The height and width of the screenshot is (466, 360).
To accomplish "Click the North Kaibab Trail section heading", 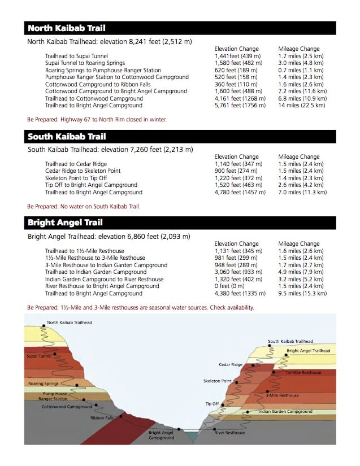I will click(66, 28).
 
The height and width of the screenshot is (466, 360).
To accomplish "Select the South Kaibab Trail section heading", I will click(67, 136).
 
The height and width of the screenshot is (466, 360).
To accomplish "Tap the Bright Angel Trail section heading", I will click(65, 223).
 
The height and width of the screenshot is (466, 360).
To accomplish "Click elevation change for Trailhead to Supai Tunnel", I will click(237, 56).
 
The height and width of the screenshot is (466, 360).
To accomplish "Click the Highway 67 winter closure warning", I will click(97, 120).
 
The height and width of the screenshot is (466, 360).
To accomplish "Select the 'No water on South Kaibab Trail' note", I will click(83, 206).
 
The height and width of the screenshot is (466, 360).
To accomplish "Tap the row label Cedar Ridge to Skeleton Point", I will click(83, 171).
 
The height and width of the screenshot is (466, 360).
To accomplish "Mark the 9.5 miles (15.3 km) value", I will click(302, 293).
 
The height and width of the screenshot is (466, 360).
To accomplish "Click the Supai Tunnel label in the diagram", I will click(39, 356).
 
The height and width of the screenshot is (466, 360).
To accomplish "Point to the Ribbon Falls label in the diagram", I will click(102, 418).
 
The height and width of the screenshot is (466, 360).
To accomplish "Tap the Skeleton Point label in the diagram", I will click(217, 381).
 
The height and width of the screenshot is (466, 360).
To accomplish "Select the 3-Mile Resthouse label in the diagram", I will click(282, 395).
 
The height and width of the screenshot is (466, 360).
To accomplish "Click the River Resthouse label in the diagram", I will click(229, 433).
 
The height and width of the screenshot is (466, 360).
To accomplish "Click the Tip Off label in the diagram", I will click(212, 404).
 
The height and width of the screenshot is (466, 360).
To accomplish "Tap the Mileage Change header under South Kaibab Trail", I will click(298, 156).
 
